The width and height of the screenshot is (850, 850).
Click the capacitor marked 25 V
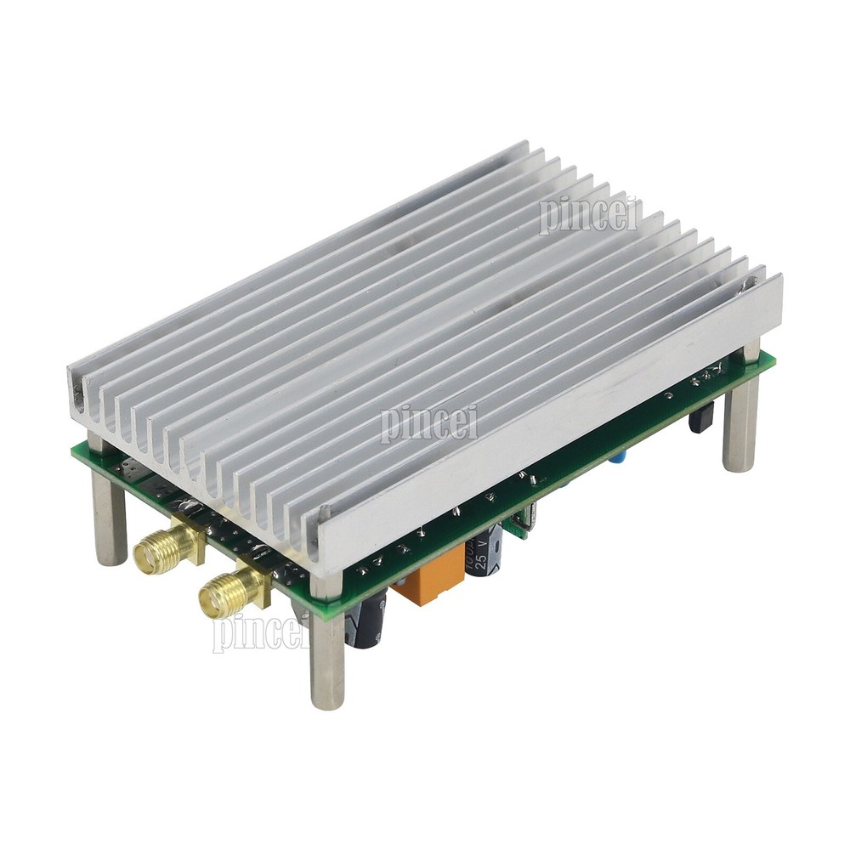(x=488, y=555)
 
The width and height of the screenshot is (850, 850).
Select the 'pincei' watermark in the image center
(x=429, y=422)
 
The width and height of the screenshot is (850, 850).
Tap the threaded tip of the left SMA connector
(x=146, y=555)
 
